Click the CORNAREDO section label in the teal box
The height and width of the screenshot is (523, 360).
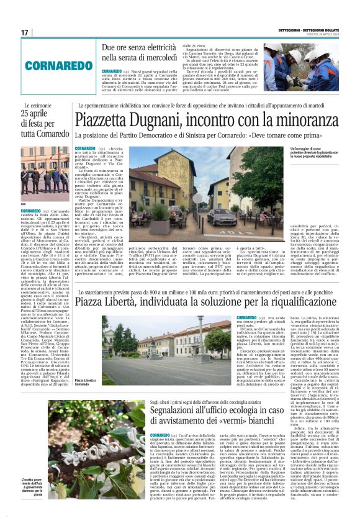point(59,65)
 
